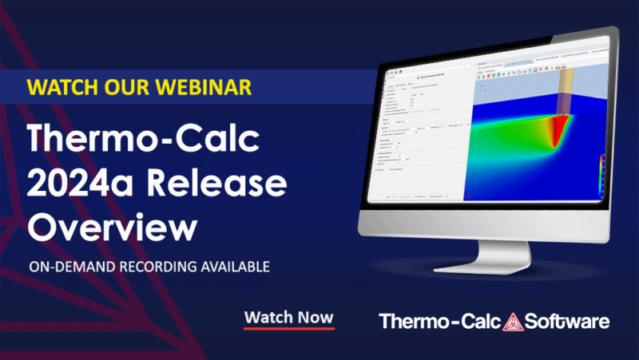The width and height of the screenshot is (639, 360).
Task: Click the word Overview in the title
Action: click(x=112, y=227)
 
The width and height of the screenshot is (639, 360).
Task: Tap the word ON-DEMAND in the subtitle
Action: click(x=70, y=266)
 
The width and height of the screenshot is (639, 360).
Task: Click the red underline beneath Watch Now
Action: click(x=288, y=328)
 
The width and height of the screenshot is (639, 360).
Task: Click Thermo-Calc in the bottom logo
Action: click(x=439, y=322)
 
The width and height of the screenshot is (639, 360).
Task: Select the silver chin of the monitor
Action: click(x=479, y=214)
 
